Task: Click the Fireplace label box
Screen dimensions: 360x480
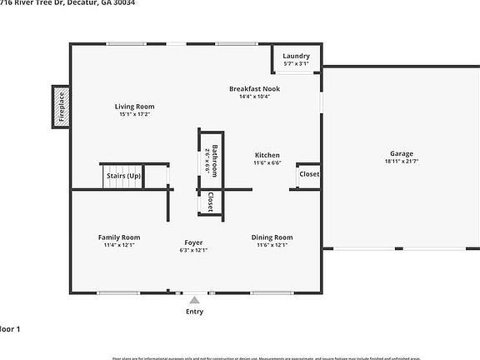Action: [61, 107]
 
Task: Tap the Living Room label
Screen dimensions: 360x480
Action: [134, 107]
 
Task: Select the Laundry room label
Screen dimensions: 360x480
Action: [296, 56]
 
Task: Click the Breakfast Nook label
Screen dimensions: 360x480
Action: [255, 88]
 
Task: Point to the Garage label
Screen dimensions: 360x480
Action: [401, 154]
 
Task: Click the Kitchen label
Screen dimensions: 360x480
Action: [267, 155]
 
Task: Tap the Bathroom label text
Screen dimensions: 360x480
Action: [214, 161]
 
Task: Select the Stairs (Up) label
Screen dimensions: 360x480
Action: [122, 177]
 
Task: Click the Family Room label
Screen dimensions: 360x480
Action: [118, 237]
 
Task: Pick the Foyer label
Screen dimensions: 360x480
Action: [193, 242]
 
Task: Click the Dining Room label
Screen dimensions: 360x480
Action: [272, 237]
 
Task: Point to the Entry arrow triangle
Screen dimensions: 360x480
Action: [193, 299]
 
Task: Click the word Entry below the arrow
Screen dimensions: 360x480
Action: [193, 312]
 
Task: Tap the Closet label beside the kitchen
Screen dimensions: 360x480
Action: [309, 174]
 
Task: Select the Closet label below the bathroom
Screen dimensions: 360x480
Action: [210, 202]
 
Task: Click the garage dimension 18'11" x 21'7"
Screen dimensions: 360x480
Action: [401, 162]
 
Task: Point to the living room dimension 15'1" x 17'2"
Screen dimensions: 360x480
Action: [134, 115]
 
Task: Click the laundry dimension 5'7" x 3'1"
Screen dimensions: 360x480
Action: [296, 63]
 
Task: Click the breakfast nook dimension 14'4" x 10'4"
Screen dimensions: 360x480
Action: [255, 97]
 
